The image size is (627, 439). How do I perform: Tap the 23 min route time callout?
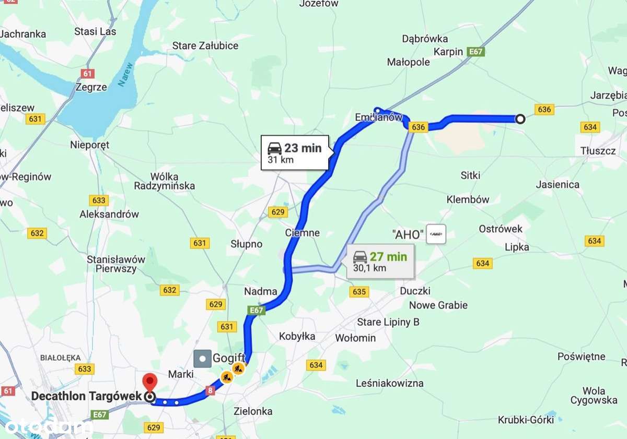coord(295,152)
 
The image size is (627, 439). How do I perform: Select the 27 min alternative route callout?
coord(380,262)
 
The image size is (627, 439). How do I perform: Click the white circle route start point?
coord(520,120)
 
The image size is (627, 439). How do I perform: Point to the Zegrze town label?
coord(91,87)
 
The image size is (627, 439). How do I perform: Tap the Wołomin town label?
coord(355,338)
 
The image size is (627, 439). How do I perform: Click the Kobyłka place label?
coord(297,336)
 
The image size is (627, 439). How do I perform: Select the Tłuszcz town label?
coord(598,150)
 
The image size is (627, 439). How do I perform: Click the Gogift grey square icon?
coord(202,358)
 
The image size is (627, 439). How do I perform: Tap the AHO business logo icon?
coord(436,234)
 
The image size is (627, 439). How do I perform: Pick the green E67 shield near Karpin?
coord(476,52)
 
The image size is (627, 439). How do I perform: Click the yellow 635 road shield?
coord(359,292)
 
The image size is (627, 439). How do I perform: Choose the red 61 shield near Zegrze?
coord(87,74)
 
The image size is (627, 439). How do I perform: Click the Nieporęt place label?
coord(90,145)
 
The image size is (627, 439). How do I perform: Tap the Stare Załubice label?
coord(205,46)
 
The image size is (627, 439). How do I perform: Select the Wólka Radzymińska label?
coord(164,181)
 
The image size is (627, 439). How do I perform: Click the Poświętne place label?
coord(581,357)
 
